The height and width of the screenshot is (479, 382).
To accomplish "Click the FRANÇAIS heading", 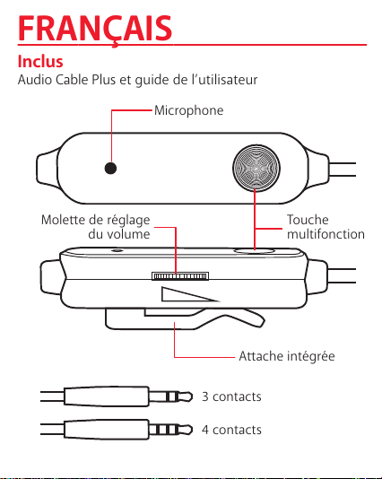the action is pyautogui.click(x=95, y=30).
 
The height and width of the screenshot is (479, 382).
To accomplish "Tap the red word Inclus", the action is pyautogui.click(x=40, y=61).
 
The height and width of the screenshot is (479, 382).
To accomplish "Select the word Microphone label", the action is pyautogui.click(x=188, y=110).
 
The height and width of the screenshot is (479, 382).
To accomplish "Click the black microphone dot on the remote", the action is pyautogui.click(x=110, y=168).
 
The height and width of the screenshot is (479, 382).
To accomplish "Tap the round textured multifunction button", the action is pyautogui.click(x=256, y=168).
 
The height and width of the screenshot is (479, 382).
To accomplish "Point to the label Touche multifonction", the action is pyautogui.click(x=326, y=227).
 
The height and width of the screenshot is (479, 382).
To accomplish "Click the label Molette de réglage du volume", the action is pyautogui.click(x=96, y=227).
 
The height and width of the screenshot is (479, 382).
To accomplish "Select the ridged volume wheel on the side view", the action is pyautogui.click(x=180, y=276).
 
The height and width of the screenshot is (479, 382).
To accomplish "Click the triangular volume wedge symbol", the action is pyautogui.click(x=189, y=294).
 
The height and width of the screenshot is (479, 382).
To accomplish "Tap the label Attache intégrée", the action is pyautogui.click(x=287, y=356).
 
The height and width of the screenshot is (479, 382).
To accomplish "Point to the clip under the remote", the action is pyautogui.click(x=183, y=319).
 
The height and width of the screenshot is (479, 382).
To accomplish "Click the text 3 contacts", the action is pyautogui.click(x=231, y=396).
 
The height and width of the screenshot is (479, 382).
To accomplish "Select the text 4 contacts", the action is pyautogui.click(x=231, y=430).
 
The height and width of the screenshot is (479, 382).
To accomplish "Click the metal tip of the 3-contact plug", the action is pyautogui.click(x=186, y=396).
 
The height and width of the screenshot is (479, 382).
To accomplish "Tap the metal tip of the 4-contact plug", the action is pyautogui.click(x=186, y=430).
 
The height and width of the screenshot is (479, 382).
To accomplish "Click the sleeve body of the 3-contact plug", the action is pyautogui.click(x=107, y=396).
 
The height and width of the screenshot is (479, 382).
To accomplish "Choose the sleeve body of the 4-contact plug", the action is pyautogui.click(x=107, y=430).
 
